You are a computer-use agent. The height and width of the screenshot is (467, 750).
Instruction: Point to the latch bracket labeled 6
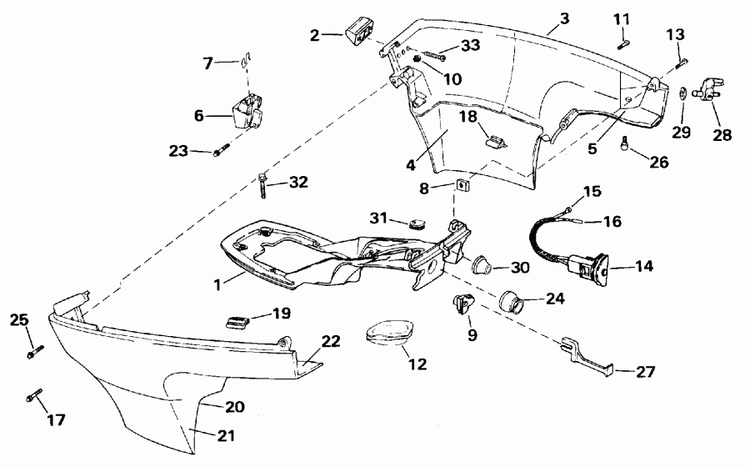248,113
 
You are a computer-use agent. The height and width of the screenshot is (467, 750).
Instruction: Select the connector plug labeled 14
587,267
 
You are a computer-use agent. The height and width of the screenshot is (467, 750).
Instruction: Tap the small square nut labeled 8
460,184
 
